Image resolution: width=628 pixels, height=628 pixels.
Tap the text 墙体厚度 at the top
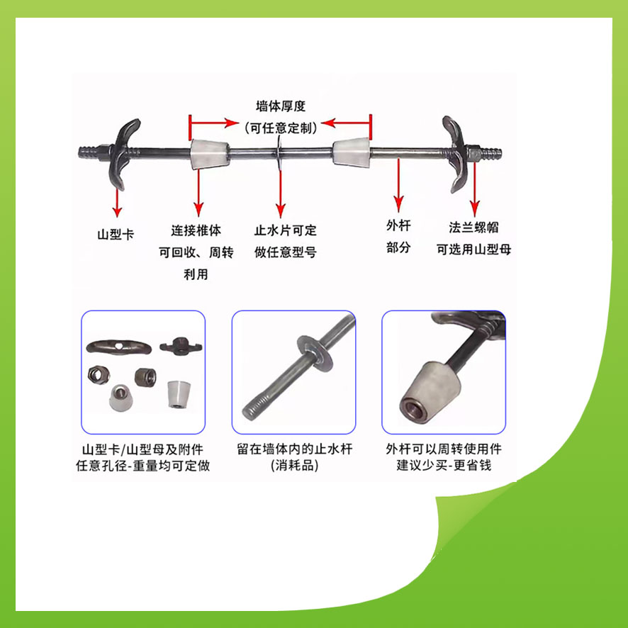click(281, 106)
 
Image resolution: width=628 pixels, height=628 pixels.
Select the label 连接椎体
click(196, 230)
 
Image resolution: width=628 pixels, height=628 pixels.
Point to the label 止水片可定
click(285, 230)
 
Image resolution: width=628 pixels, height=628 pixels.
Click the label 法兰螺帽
click(473, 228)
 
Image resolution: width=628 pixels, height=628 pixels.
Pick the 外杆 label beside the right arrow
click(398, 225)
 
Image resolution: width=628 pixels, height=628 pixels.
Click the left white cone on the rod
click(209, 154)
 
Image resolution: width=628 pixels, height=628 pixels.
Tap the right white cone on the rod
click(352, 152)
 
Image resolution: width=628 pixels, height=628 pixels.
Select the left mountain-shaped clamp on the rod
click(123, 155)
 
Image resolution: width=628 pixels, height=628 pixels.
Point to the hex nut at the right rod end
click(473, 152)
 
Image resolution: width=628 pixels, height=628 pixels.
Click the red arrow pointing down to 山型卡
click(117, 203)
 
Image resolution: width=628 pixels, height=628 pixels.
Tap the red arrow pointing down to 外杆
click(398, 185)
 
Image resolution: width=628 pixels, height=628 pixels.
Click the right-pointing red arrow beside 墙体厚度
click(214, 123)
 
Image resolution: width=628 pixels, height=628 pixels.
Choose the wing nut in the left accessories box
click(181, 345)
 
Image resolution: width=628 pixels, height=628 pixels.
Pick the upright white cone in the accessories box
click(178, 395)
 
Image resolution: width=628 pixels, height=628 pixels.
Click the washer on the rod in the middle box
click(315, 353)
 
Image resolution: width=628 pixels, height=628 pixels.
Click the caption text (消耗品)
click(294, 466)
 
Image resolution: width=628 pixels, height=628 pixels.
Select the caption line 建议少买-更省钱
click(444, 466)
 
